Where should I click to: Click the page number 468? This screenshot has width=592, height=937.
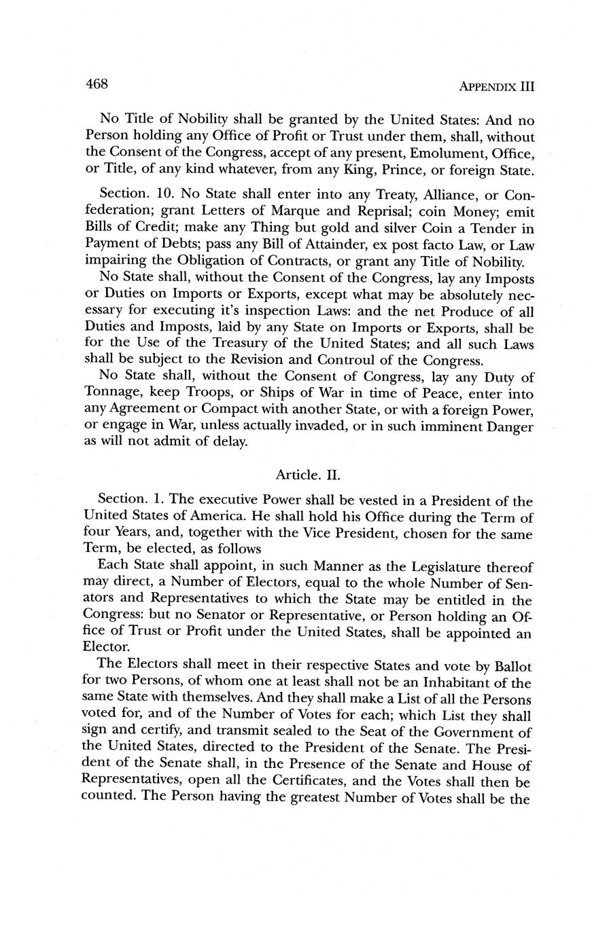[97, 84]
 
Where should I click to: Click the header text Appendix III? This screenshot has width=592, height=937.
[497, 87]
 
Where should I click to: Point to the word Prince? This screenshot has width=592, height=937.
[401, 168]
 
